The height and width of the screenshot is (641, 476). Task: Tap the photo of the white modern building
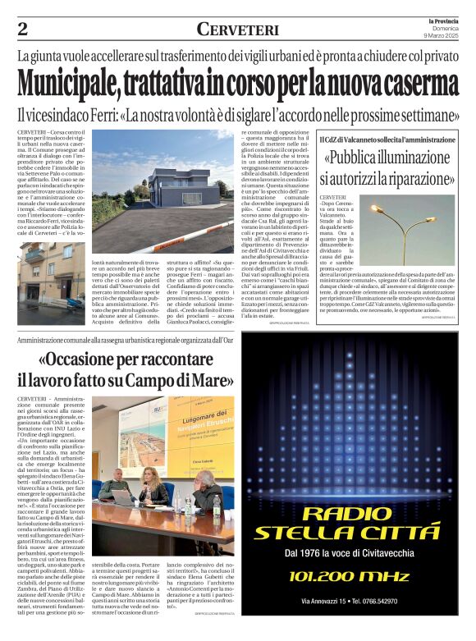164,181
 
